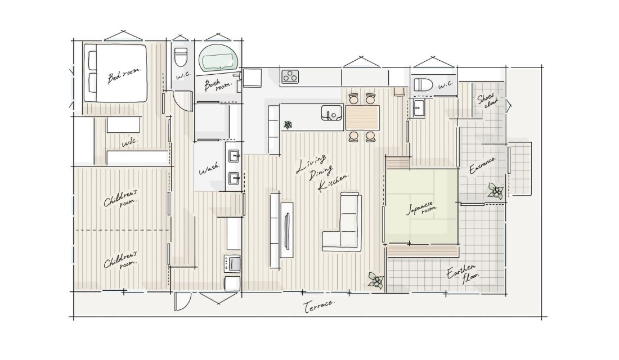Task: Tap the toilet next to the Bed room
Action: [181, 57]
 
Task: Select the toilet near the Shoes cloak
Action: [423, 85]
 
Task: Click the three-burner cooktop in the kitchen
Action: [290, 76]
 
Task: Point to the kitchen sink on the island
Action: [331, 112]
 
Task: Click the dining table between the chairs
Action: [362, 118]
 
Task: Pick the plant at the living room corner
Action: [375, 280]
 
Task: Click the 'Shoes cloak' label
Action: [488, 101]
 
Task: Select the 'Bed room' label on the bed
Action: [124, 75]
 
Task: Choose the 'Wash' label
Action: [209, 169]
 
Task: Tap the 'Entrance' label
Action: [482, 165]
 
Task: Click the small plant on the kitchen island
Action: [288, 125]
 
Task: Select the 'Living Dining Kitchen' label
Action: [322, 173]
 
